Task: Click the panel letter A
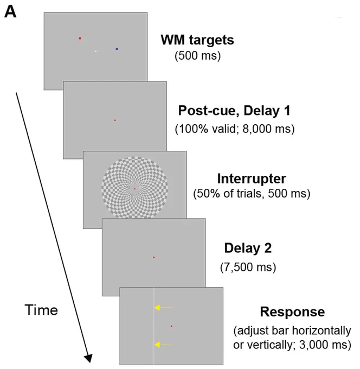tap(10, 12)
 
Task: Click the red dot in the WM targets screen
tap(80, 38)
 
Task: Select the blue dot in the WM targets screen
tap(117, 49)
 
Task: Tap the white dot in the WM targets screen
tap(95, 51)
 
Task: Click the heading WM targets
tap(197, 40)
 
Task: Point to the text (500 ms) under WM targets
tap(197, 56)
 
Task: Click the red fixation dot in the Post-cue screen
tap(115, 120)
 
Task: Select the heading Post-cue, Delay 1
tap(234, 111)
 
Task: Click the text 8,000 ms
tap(266, 129)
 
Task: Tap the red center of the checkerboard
tap(135, 189)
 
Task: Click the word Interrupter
tap(252, 179)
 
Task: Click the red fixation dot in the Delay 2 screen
tap(154, 257)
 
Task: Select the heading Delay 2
tap(248, 248)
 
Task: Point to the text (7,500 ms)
tap(248, 267)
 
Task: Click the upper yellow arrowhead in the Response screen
tap(157, 307)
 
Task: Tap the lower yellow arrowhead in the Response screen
tap(157, 345)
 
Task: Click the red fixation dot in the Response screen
tap(171, 326)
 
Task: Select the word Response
tap(292, 312)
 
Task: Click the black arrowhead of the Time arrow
tap(89, 358)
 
